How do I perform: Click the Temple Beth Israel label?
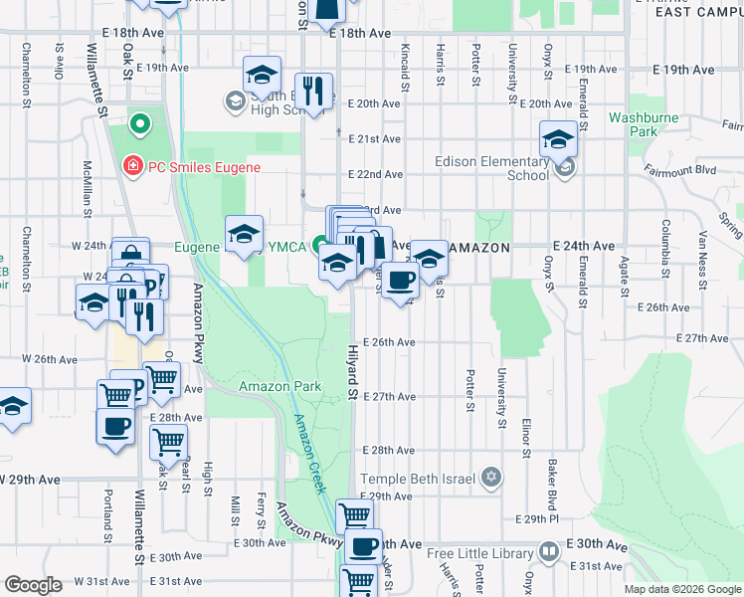(x=420, y=480)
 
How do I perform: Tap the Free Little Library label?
(x=481, y=553)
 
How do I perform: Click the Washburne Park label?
(x=634, y=123)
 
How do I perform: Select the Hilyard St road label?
(x=352, y=373)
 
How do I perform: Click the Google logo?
(x=33, y=585)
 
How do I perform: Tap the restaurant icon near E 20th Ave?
(x=314, y=91)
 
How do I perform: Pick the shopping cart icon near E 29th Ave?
(x=355, y=515)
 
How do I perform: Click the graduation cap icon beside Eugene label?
(x=244, y=234)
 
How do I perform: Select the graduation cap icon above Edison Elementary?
(x=558, y=138)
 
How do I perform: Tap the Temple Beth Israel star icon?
(x=490, y=479)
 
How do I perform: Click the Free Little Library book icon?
(x=548, y=552)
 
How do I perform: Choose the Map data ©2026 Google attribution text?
(x=681, y=589)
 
